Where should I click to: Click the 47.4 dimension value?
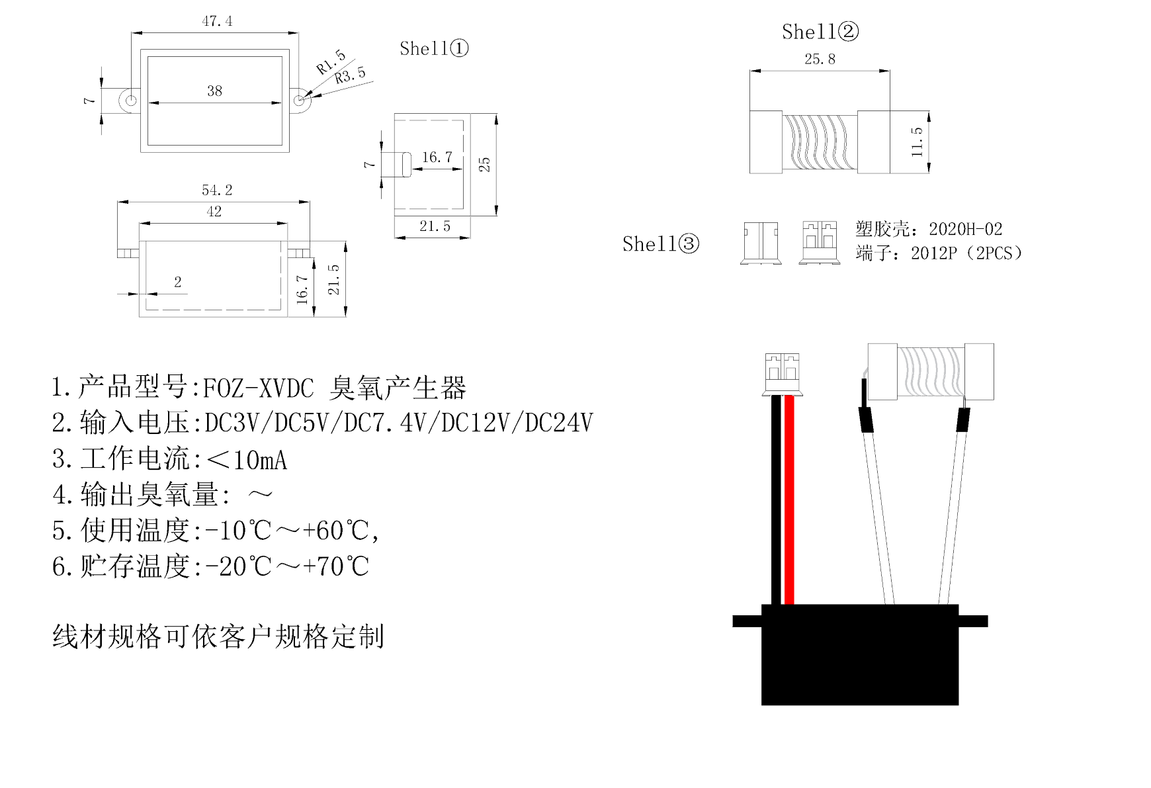point(217,21)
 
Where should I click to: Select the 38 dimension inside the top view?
point(214,91)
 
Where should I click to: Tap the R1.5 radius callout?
point(331,62)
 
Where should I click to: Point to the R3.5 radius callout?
point(350,75)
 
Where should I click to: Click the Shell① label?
point(434,48)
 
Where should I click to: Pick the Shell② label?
point(820,32)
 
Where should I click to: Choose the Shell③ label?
point(660,244)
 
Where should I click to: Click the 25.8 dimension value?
point(820,60)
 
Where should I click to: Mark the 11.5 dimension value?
point(917,142)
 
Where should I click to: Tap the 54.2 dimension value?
point(217,191)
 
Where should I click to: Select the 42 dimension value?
point(214,212)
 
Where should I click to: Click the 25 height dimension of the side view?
point(484,164)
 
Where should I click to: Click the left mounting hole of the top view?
point(131,101)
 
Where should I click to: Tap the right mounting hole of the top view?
point(299,101)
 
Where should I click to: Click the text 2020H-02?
point(965,230)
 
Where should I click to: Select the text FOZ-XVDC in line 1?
point(258,388)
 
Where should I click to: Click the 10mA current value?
point(260,460)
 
